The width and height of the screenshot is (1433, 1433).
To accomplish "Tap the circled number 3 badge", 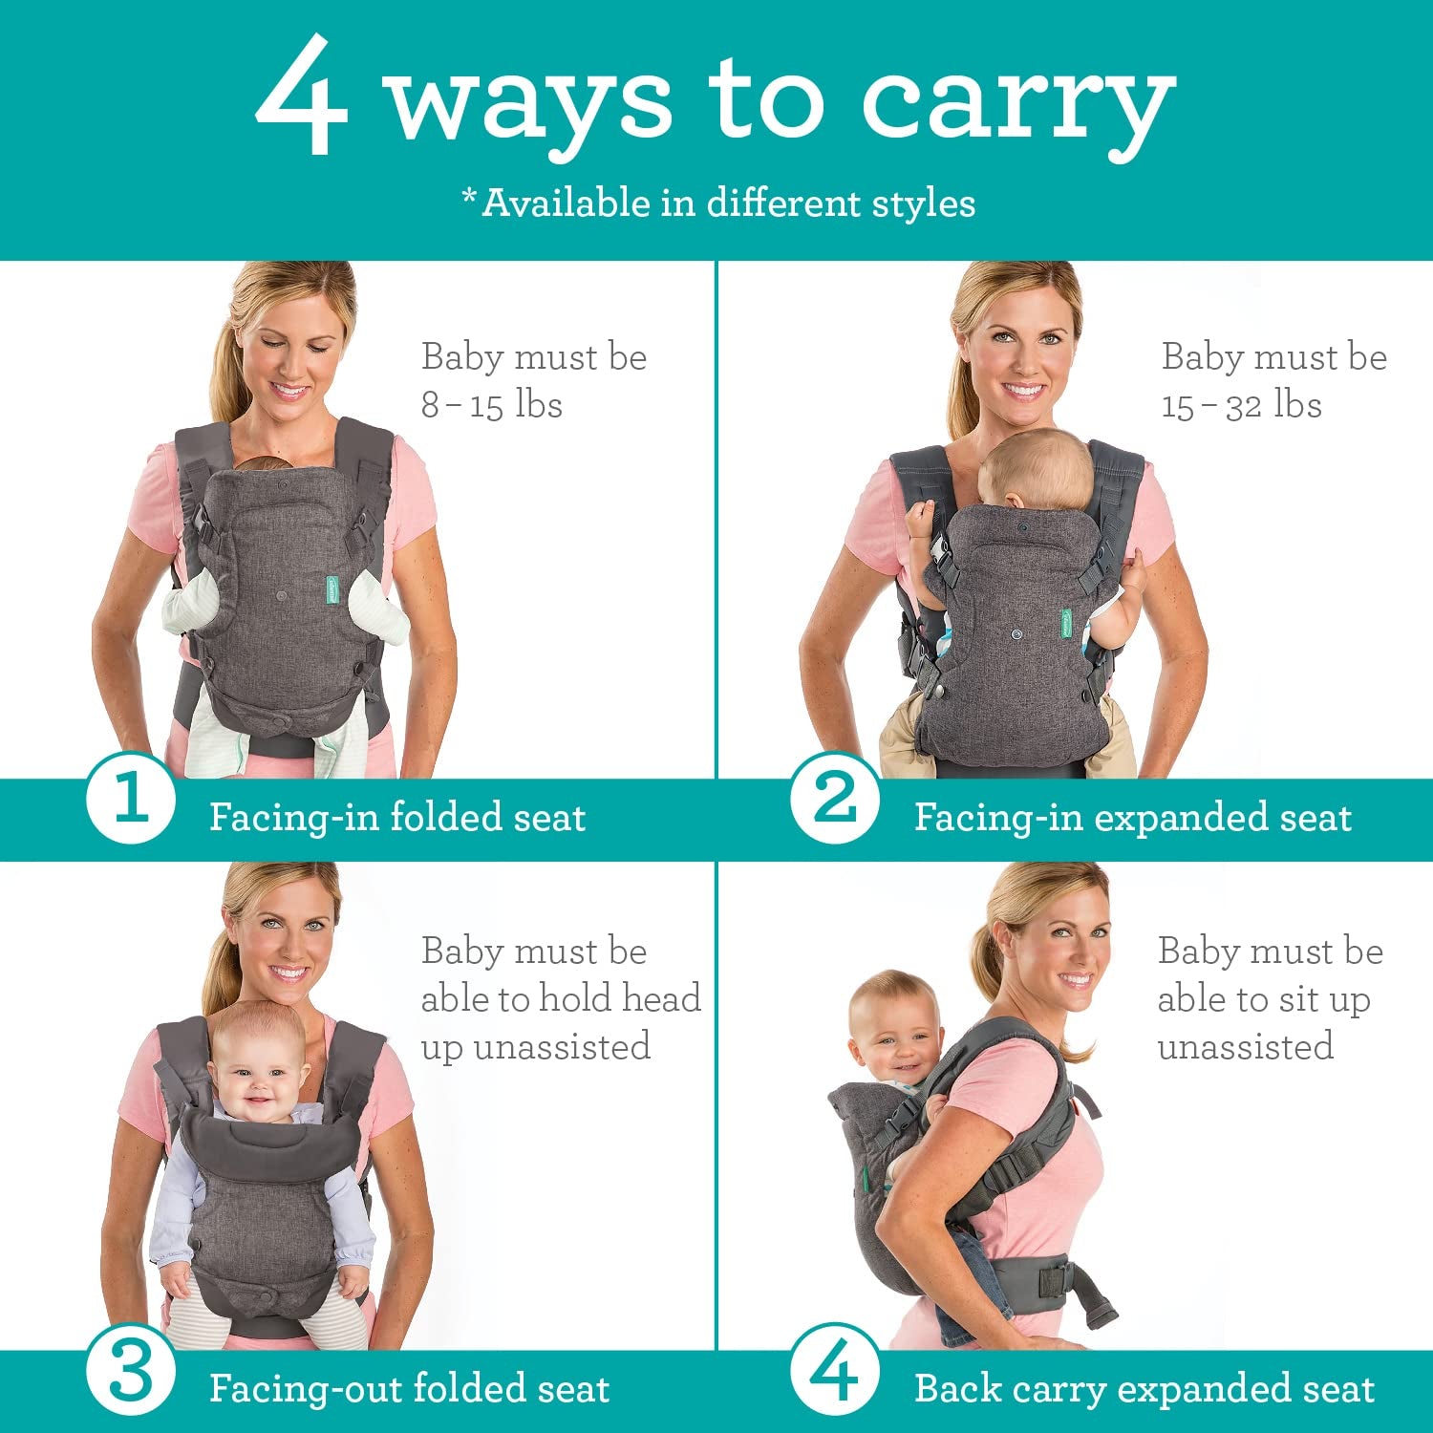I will pos(131,1372).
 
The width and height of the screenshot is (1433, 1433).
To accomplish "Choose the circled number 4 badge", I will pos(835,1372).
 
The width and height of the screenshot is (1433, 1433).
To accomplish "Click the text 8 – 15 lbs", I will pos(492,405).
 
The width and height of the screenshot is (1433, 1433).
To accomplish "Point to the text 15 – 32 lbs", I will pos(1241,405).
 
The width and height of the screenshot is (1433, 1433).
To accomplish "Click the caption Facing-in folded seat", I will pos(396,818).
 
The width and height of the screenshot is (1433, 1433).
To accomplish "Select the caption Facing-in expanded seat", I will pos(1132,818).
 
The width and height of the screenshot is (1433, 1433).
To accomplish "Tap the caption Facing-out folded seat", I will pos(409,1389).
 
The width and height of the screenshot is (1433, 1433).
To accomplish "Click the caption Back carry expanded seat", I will pos(1144,1389).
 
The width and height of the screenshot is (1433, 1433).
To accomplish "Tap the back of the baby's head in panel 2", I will pos(1037,468).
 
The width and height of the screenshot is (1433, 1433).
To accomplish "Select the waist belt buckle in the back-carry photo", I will pos(1056,1280).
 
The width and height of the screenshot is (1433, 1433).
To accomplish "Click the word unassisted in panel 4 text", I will pos(1245,1047).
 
